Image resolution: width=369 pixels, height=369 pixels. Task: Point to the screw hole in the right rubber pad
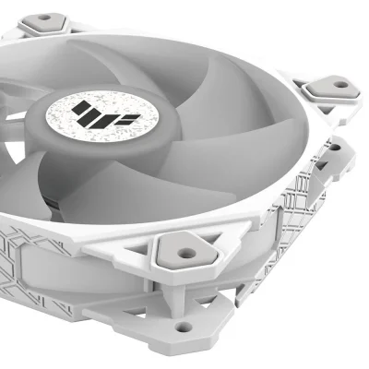pos(339,85)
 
